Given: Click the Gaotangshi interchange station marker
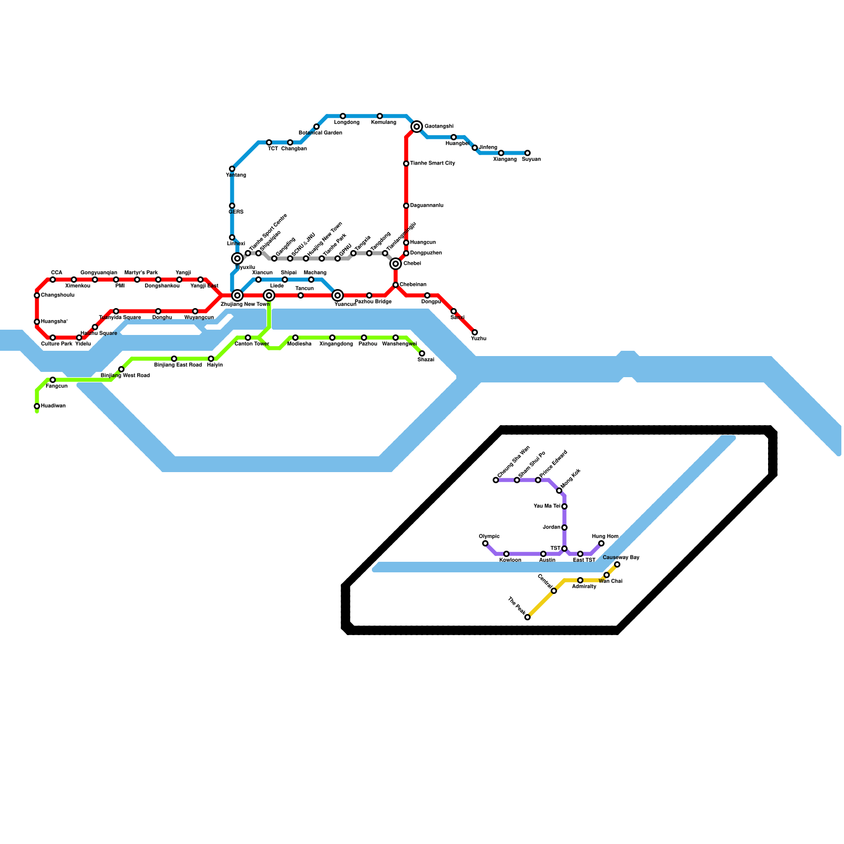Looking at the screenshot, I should (x=417, y=127).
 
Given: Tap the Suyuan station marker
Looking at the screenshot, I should (x=527, y=153).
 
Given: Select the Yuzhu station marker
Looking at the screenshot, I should (x=475, y=332).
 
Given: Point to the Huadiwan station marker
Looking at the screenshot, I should (x=37, y=406).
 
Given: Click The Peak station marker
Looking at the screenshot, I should (x=527, y=617).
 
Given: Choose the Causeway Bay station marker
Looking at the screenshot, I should (x=617, y=564).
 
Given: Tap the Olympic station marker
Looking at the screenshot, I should (x=485, y=543).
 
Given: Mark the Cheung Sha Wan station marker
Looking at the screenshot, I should (x=496, y=480).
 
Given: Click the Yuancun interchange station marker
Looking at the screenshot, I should (x=338, y=295).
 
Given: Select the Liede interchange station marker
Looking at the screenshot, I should (x=269, y=295).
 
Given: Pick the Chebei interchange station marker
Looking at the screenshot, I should (x=396, y=264).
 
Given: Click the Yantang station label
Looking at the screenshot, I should (x=236, y=175).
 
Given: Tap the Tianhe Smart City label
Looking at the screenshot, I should (x=433, y=164).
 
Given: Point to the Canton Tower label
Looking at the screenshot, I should (x=252, y=344).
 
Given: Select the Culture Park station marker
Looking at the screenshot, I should (x=53, y=338).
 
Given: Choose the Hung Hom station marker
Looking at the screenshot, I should (x=601, y=543).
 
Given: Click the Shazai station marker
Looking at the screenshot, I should (x=422, y=353).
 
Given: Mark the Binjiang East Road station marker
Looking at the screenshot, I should (x=174, y=359).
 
